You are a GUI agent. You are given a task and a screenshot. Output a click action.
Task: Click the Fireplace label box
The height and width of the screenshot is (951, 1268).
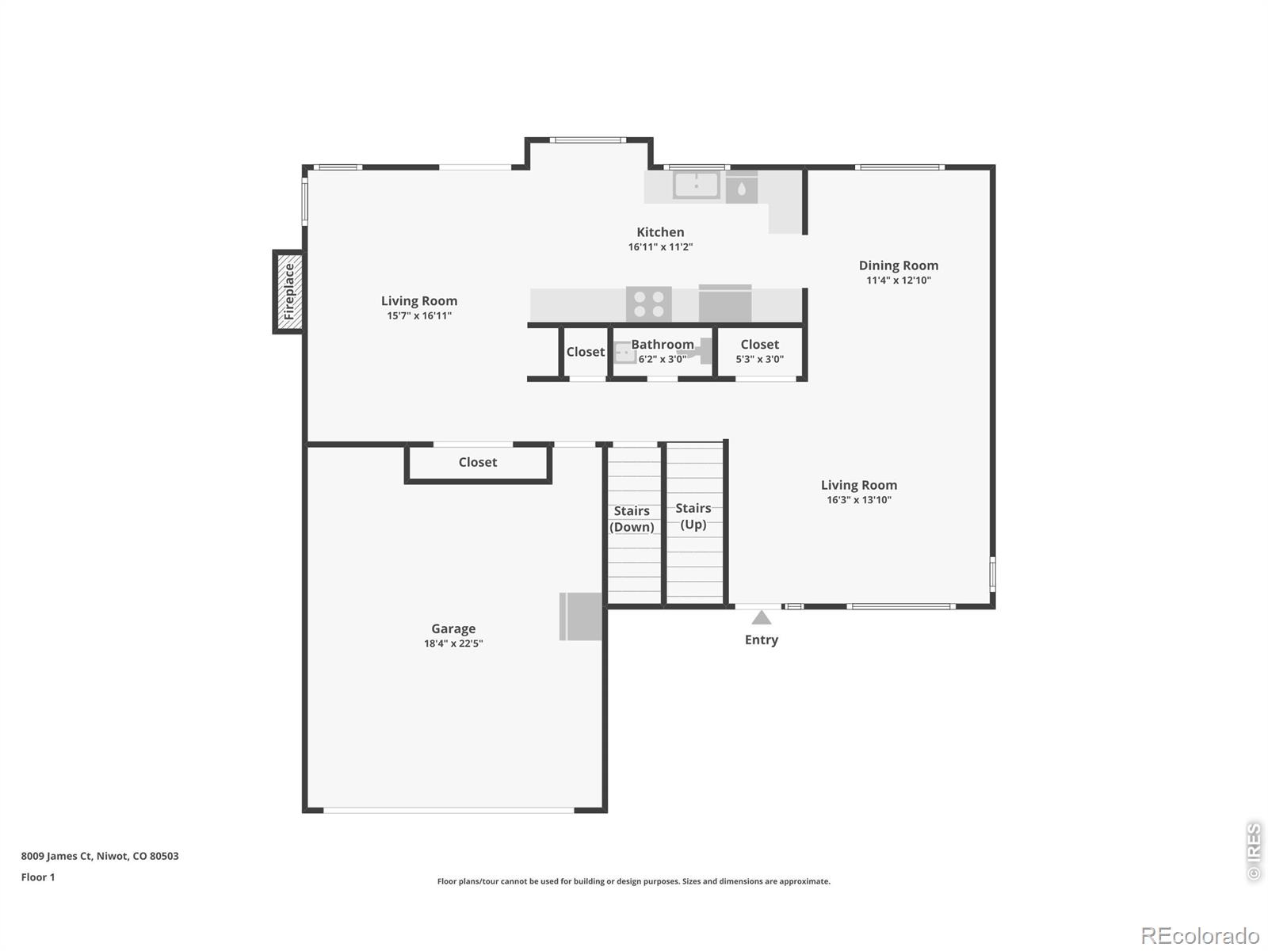tap(288, 292)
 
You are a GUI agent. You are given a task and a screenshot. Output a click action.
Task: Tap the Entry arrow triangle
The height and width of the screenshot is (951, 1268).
tap(761, 618)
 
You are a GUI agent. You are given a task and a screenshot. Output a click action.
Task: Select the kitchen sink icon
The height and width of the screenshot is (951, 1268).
tap(696, 185)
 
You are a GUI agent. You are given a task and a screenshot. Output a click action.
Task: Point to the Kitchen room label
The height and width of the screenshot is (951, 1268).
tap(660, 232)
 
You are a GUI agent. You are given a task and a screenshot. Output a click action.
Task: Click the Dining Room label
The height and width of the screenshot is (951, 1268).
tap(898, 265)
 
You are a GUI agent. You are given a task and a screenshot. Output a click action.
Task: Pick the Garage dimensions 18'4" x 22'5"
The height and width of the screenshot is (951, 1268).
tap(453, 644)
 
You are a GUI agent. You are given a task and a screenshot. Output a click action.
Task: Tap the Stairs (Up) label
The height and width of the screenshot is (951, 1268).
tap(693, 516)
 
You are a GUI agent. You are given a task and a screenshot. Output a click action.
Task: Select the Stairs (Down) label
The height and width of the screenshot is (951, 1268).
tap(632, 519)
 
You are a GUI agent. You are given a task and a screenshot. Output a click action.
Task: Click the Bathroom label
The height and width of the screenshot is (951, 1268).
tap(662, 345)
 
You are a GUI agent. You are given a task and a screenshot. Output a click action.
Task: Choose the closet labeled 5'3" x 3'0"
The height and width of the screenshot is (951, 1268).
tap(759, 351)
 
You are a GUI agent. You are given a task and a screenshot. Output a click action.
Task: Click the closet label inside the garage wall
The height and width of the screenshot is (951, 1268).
tap(478, 462)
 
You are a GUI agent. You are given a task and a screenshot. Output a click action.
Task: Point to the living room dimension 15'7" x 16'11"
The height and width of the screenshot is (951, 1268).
tap(419, 315)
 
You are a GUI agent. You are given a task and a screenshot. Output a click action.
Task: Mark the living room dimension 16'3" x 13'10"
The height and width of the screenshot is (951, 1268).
tap(859, 500)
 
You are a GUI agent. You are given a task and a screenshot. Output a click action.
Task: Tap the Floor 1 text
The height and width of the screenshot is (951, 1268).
tap(38, 877)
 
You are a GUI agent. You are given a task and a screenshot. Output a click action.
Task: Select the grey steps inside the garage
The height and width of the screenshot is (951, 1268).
tap(581, 616)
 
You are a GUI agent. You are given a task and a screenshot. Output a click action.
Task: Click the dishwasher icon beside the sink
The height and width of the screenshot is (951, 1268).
tap(742, 189)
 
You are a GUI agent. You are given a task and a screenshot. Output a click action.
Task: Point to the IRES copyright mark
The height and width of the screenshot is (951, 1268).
tap(1254, 851)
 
